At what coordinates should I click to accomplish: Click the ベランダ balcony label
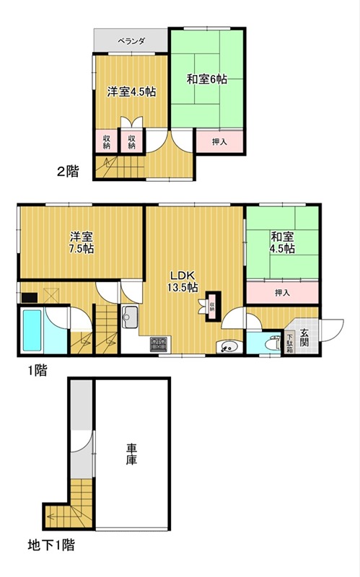(x=131, y=42)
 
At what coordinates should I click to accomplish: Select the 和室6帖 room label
(x=207, y=79)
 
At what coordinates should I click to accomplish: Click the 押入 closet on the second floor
(x=220, y=142)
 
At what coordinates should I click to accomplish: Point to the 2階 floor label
(x=68, y=172)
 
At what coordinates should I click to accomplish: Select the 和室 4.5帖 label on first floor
(x=283, y=242)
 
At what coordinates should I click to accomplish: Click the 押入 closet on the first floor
(x=282, y=293)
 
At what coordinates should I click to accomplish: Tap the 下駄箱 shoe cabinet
(x=290, y=338)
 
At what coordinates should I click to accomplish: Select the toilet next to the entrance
(x=273, y=343)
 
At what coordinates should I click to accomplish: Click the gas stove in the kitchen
(x=159, y=344)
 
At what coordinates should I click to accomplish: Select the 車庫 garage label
(x=131, y=453)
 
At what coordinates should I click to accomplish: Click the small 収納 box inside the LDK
(x=213, y=305)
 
